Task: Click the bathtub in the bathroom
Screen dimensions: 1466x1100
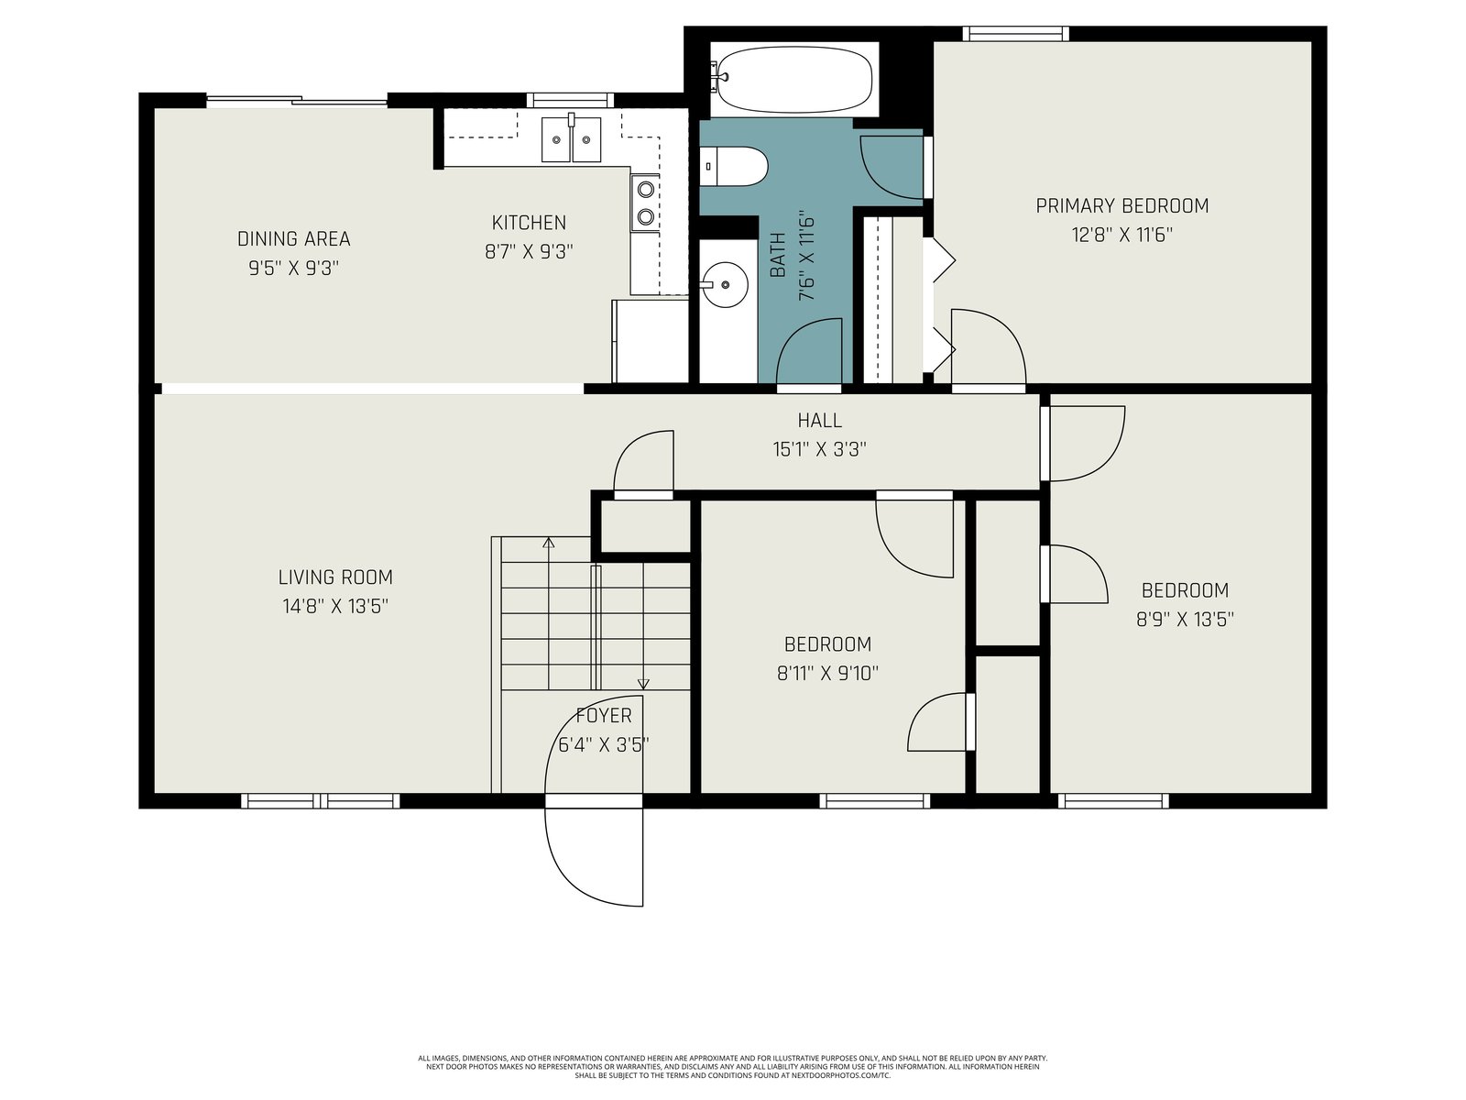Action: pos(793,80)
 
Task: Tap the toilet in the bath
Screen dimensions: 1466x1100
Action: pos(733,167)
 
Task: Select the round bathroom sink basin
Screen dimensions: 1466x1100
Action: pos(726,284)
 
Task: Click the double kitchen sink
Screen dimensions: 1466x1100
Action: pos(571,139)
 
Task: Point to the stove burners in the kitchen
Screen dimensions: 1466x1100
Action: pos(645,203)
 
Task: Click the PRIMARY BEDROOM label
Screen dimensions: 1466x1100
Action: pos(1122,205)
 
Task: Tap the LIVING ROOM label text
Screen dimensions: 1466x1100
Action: pos(335,577)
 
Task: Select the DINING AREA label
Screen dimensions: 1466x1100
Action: pos(294,238)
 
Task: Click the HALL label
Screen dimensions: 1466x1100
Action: pos(819,420)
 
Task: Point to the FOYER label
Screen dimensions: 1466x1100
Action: pos(604,716)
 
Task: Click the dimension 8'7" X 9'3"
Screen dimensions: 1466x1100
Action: pos(529,252)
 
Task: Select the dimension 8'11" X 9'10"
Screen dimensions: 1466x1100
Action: pos(827,673)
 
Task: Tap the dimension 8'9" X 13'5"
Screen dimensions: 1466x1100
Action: pos(1185,620)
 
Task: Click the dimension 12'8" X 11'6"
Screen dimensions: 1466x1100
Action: pos(1122,235)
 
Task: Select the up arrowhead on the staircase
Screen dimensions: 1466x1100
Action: pos(548,543)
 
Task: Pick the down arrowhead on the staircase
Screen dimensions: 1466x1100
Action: pos(643,684)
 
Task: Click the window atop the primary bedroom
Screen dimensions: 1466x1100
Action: pos(1016,33)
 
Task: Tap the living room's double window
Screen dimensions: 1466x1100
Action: pos(321,801)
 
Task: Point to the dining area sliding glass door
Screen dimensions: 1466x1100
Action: pos(297,101)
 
